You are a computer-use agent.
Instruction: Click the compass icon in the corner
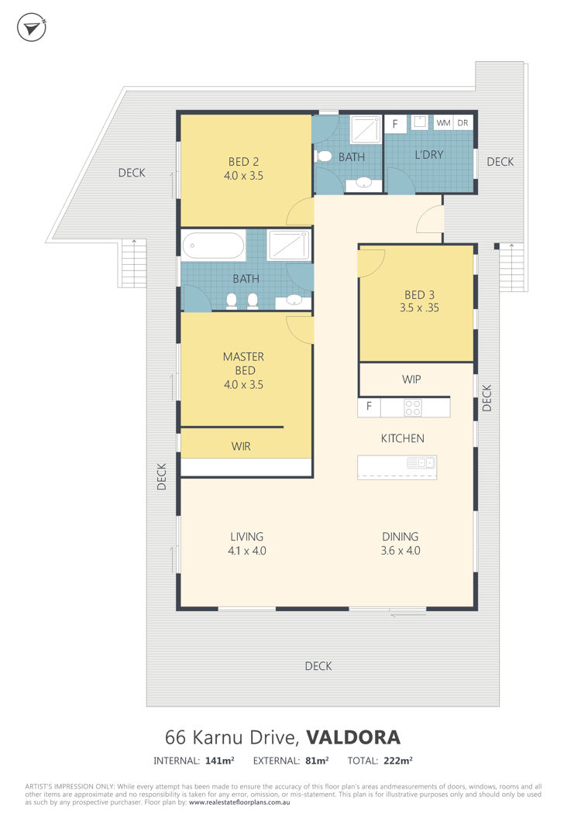click(x=32, y=28)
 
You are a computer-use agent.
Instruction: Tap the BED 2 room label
click(x=243, y=162)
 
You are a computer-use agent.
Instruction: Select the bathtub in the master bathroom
click(x=213, y=246)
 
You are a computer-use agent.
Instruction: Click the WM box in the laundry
click(x=443, y=123)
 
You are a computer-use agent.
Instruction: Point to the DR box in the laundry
click(x=462, y=123)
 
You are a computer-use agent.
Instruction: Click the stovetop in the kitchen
click(x=413, y=407)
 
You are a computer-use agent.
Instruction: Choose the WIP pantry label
click(x=411, y=379)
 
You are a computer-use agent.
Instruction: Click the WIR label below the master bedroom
click(x=241, y=447)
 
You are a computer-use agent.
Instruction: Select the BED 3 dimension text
click(x=420, y=308)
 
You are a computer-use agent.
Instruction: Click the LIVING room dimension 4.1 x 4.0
click(x=247, y=551)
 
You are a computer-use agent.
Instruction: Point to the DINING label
click(x=401, y=537)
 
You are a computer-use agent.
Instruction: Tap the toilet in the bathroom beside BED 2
click(x=323, y=156)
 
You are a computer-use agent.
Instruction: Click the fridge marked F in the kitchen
click(x=370, y=407)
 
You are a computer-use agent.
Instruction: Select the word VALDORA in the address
click(x=353, y=737)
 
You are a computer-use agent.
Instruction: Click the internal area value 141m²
click(x=219, y=761)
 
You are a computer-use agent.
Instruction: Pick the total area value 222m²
click(x=397, y=761)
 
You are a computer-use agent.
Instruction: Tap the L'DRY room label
click(x=429, y=155)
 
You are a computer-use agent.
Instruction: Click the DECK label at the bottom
click(x=318, y=666)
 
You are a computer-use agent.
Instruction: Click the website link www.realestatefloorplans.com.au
click(x=239, y=802)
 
